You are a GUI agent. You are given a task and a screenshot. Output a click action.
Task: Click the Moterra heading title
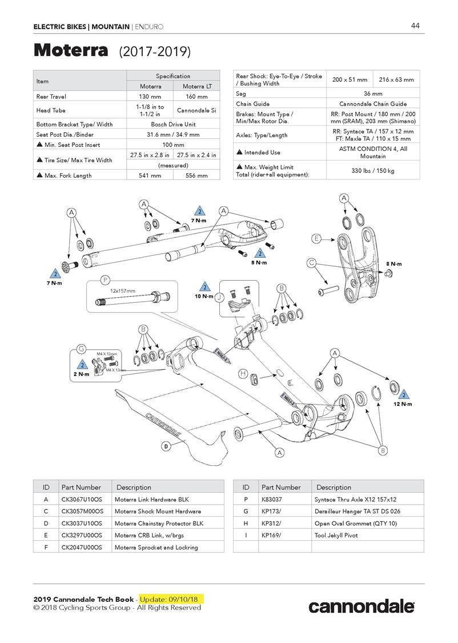tap(71, 51)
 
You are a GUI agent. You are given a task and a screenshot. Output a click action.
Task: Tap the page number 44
tap(415, 26)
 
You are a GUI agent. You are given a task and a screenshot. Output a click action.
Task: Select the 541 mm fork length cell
tap(149, 175)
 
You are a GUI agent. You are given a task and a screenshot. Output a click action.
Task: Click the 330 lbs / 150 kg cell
tap(372, 170)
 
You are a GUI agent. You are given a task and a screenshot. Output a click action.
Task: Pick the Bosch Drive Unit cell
tap(172, 124)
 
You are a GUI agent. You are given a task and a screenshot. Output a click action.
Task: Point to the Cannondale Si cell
tap(196, 110)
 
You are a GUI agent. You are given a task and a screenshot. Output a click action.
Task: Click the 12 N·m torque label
tap(403, 404)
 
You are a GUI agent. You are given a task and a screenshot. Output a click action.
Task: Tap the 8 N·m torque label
tap(393, 264)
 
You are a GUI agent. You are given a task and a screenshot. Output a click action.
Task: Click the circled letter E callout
tap(316, 238)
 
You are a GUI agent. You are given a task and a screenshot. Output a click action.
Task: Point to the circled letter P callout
tap(105, 280)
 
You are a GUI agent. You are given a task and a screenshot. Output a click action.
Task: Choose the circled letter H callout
tap(243, 374)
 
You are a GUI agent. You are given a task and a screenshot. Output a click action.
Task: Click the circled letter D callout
tap(166, 446)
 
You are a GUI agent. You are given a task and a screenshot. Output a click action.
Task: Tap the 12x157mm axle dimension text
tap(123, 291)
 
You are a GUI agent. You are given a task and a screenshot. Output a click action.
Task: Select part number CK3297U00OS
tap(82, 535)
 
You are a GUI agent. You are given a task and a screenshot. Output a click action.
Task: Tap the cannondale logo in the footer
tap(361, 606)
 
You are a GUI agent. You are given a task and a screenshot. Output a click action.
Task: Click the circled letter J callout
tap(219, 297)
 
